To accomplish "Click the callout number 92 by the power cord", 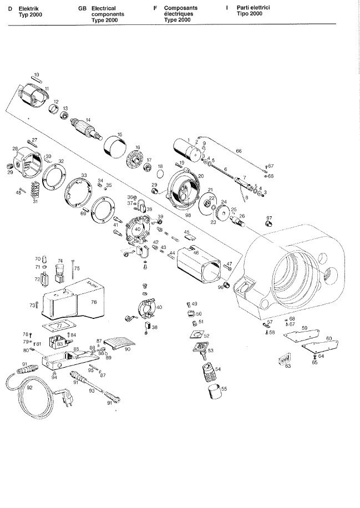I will [x=29, y=388].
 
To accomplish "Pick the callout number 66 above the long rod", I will [x=239, y=151].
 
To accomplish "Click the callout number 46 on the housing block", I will [x=196, y=252].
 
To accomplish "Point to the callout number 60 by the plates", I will [x=329, y=338].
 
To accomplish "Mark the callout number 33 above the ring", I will [x=84, y=175].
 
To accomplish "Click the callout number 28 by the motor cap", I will [x=16, y=148].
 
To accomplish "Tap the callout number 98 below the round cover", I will [x=188, y=215].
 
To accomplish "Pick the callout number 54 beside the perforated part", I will [x=218, y=368].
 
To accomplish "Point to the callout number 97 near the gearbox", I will [x=270, y=217].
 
